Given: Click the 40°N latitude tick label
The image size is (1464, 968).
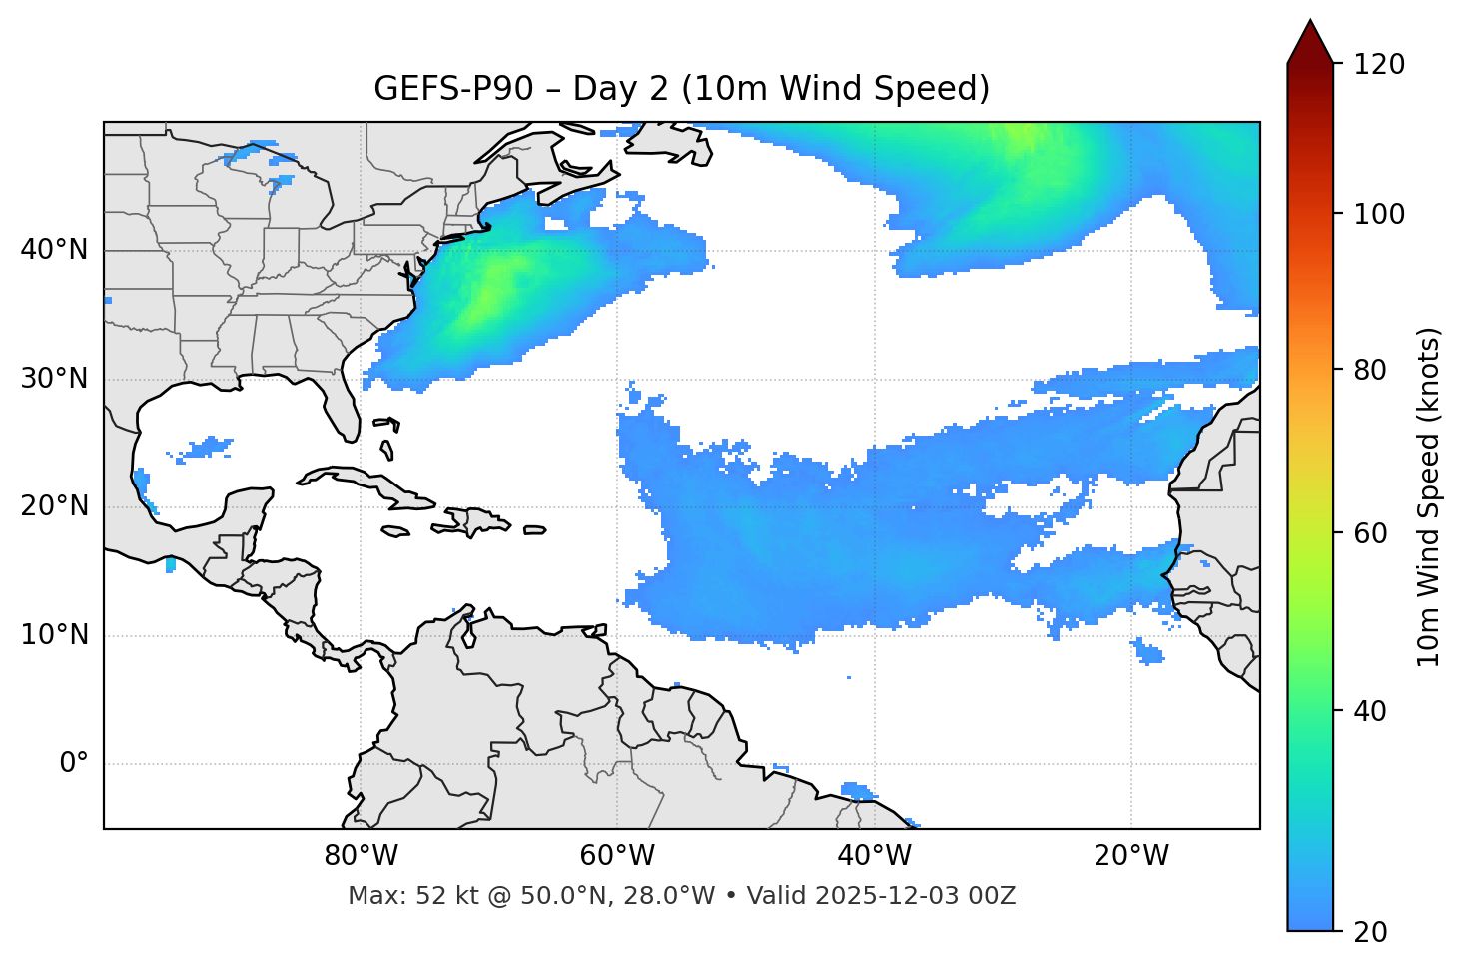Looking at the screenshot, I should point(54,250).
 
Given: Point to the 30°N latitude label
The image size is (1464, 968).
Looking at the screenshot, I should point(54,379).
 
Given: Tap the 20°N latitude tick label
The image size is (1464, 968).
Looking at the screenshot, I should point(54,506).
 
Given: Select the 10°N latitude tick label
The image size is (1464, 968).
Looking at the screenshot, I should point(54,635).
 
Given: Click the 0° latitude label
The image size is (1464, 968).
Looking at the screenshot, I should point(74,764).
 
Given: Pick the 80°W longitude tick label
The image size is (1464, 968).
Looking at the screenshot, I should point(361,856).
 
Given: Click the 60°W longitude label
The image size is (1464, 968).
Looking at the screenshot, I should point(617,856).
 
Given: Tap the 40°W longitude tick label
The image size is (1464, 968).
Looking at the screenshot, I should point(875,856).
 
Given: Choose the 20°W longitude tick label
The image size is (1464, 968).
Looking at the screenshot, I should point(1131,856).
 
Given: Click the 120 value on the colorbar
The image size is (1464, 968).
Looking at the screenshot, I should point(1378,65).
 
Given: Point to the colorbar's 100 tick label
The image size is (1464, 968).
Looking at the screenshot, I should point(1378,214).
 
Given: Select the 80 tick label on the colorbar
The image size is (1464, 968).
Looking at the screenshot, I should point(1371,370).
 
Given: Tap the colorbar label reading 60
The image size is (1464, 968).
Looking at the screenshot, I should point(1371,533).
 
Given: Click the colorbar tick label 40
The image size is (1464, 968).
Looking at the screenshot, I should point(1371,711).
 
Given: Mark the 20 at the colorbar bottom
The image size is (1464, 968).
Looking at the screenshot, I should point(1371,932).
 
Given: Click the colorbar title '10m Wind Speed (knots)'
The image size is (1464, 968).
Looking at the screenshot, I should point(1430,496).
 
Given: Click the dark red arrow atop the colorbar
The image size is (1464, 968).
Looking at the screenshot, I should point(1310,43).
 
